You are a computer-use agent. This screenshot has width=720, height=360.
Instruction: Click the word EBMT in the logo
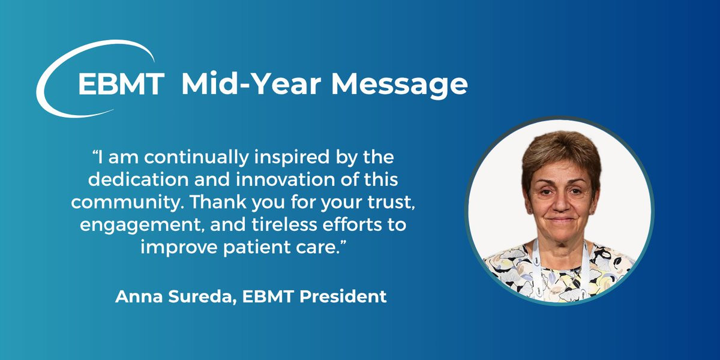click(x=121, y=83)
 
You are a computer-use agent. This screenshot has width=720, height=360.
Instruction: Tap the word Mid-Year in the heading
click(x=251, y=83)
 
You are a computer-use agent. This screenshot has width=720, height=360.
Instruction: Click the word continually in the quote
click(x=196, y=157)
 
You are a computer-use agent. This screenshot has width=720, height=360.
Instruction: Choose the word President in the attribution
click(x=343, y=296)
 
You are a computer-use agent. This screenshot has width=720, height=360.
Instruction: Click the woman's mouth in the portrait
click(x=560, y=221)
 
